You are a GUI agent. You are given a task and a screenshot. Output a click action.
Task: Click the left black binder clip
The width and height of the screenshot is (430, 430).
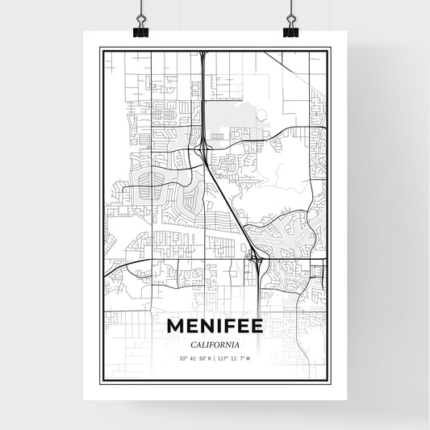click(x=141, y=29)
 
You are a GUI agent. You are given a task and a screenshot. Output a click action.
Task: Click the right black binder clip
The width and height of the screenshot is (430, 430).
click(x=290, y=29)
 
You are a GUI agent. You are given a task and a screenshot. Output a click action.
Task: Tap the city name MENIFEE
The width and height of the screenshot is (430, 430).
click(x=215, y=326)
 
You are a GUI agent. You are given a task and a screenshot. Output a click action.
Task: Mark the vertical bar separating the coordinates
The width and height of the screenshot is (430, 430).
click(x=215, y=358)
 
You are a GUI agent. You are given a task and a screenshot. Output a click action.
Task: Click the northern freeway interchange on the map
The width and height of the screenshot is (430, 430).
click(x=207, y=145)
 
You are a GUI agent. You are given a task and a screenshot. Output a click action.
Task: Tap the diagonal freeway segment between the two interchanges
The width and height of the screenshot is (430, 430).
click(x=230, y=202)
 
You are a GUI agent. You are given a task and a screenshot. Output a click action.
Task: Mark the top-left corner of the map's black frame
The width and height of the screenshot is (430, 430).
click(x=100, y=48)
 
